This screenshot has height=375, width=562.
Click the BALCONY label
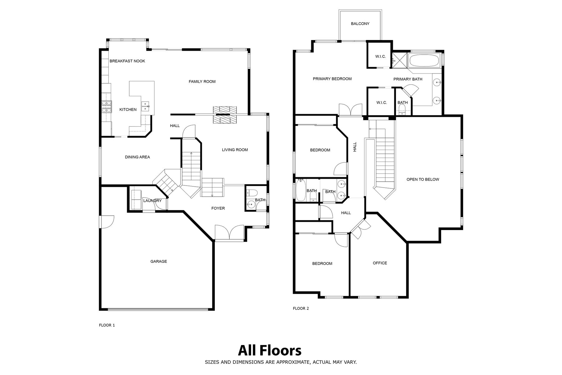tap(360, 24)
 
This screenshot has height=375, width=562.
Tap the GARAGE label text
tap(159, 262)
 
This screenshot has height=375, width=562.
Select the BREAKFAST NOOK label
tap(127, 61)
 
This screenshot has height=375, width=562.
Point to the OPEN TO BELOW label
tap(423, 179)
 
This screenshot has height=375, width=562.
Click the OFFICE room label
tap(380, 263)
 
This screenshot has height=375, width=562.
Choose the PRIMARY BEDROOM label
tap(332, 79)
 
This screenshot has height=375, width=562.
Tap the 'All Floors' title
tap(270, 350)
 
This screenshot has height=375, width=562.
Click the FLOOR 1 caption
tap(107, 325)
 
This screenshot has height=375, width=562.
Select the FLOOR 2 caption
tap(301, 308)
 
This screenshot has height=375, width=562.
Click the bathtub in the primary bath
tap(424, 61)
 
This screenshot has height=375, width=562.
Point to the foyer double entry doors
tap(229, 233)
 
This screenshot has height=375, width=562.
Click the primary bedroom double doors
tap(350, 110)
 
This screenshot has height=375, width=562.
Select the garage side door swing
tap(107, 222)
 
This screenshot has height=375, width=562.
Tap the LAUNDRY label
tap(152, 201)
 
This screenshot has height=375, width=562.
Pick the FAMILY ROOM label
tap(202, 82)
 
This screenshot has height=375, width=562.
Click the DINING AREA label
tap(137, 157)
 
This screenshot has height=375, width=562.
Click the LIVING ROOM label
tap(235, 150)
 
